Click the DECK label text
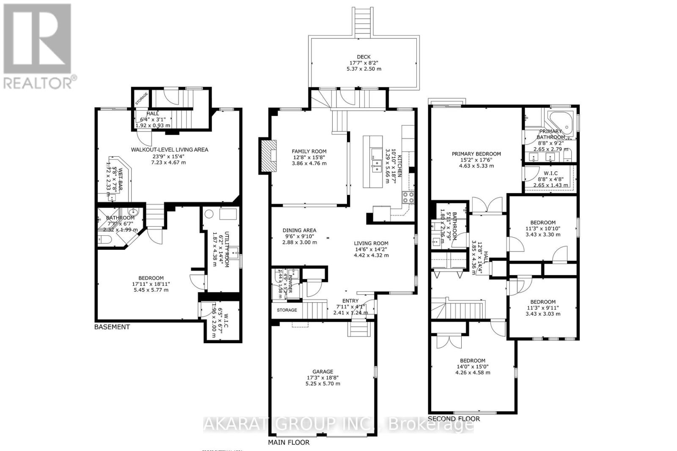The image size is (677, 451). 363,57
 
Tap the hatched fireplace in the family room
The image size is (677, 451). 267,156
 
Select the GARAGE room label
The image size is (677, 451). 323,372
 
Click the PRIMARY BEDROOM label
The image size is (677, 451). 476,154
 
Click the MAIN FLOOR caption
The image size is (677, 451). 289,443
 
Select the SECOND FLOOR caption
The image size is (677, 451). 454,419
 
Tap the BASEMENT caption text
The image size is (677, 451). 112,327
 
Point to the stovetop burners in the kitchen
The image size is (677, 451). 408,197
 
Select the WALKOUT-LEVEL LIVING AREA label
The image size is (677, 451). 169,150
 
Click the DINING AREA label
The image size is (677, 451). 300,230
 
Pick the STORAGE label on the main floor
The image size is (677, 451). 287,310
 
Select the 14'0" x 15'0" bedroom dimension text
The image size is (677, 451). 473,366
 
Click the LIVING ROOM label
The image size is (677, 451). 371,243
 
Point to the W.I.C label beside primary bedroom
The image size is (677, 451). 549,173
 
